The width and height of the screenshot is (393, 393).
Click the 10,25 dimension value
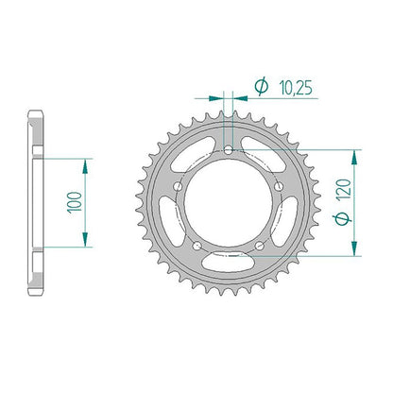tap(296, 88)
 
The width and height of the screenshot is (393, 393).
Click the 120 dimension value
tap(343, 189)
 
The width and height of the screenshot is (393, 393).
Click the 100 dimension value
tap(75, 202)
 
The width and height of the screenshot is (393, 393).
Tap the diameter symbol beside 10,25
tap(262, 86)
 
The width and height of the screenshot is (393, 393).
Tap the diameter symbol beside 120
tap(343, 218)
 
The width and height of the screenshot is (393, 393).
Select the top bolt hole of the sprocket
tap(229, 150)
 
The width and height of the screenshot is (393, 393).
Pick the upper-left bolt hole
tap(179, 187)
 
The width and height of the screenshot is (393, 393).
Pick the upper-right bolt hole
tap(279, 187)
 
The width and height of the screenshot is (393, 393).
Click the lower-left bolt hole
tap(197, 246)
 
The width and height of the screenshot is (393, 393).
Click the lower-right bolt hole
tap(260, 246)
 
